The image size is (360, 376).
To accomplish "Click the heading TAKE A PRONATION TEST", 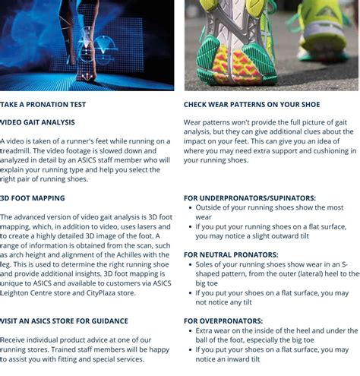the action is pyautogui.click(x=43, y=105).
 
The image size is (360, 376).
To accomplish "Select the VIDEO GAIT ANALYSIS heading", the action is pyautogui.click(x=38, y=122).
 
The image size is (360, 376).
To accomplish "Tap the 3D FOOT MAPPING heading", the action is pyautogui.click(x=33, y=198).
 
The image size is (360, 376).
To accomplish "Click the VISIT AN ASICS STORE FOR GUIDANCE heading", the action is pyautogui.click(x=65, y=321).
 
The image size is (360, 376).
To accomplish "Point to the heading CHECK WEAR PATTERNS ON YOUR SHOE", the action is pyautogui.click(x=251, y=105).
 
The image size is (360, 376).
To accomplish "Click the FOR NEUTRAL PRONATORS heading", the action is pyautogui.click(x=231, y=254).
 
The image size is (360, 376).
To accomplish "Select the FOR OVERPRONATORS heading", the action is pyautogui.click(x=223, y=321).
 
